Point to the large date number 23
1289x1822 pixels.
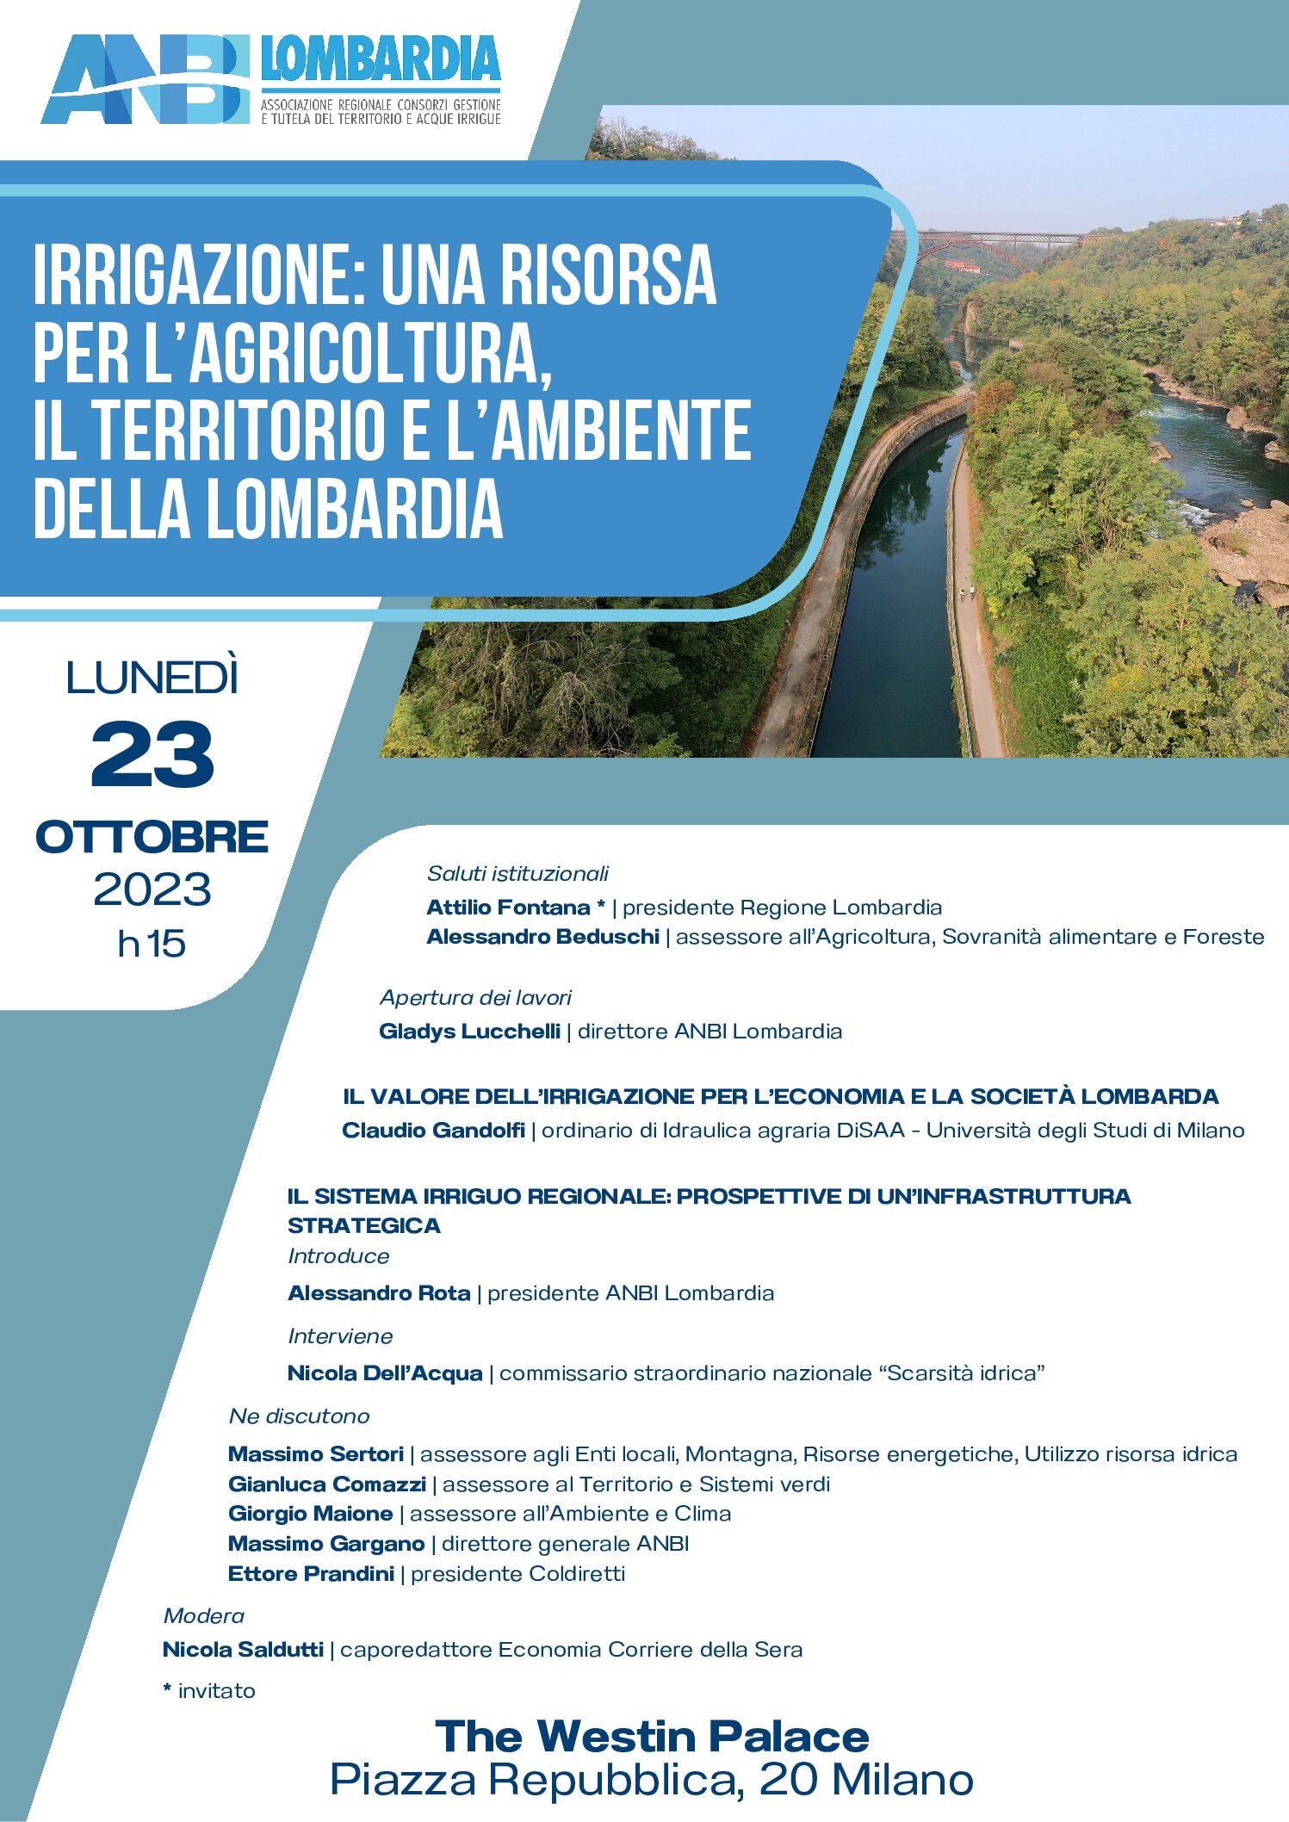pyautogui.click(x=152, y=755)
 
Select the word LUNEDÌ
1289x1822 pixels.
pyautogui.click(x=152, y=679)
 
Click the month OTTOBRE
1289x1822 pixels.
pyautogui.click(x=152, y=837)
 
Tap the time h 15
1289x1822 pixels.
pyautogui.click(x=152, y=944)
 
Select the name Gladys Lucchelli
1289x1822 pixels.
pyautogui.click(x=469, y=1031)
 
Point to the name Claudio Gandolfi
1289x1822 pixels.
pyautogui.click(x=433, y=1130)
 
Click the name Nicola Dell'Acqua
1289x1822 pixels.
pyautogui.click(x=385, y=1373)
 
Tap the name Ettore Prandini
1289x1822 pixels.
pyautogui.click(x=311, y=1573)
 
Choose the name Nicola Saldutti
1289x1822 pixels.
pyautogui.click(x=243, y=1649)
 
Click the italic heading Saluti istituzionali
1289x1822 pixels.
pyautogui.click(x=517, y=873)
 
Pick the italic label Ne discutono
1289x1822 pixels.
pyautogui.click(x=299, y=1416)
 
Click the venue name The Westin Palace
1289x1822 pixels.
pyautogui.click(x=652, y=1736)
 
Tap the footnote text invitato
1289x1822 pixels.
pyautogui.click(x=216, y=1690)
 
